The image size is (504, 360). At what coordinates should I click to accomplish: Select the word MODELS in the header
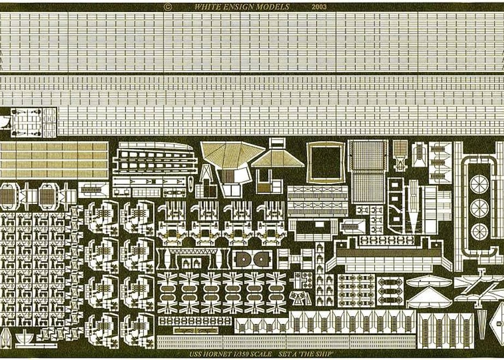[273, 7]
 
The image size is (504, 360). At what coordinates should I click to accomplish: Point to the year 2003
[319, 7]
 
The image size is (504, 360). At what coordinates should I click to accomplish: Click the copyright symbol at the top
[167, 7]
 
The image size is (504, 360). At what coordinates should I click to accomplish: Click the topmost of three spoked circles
[479, 184]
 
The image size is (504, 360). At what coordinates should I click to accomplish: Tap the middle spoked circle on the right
[479, 208]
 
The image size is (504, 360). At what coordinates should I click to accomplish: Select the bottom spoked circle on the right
[479, 231]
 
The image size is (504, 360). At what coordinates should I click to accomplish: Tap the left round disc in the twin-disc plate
[243, 260]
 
